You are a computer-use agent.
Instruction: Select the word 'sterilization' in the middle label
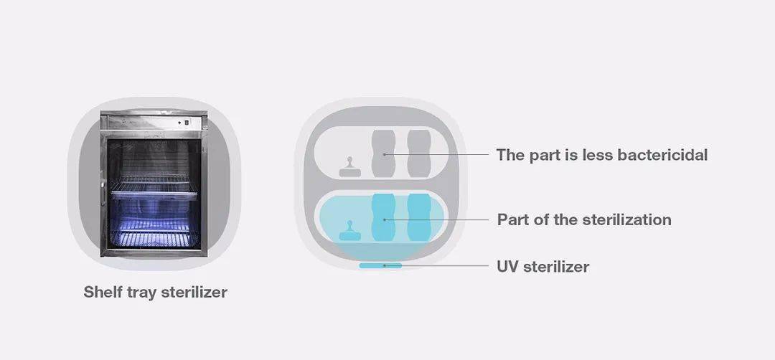click(x=627, y=219)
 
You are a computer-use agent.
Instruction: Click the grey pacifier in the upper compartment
click(x=350, y=167)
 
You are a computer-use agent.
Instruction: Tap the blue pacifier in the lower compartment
click(x=350, y=231)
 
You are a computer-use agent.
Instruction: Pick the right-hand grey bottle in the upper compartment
click(x=419, y=153)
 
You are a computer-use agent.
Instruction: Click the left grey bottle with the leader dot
click(x=383, y=153)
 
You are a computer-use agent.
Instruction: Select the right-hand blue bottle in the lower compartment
click(x=419, y=217)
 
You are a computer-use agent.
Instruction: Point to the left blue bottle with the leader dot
click(x=383, y=217)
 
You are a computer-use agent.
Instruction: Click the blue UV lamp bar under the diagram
click(x=380, y=265)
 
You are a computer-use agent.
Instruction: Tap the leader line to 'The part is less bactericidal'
click(x=437, y=155)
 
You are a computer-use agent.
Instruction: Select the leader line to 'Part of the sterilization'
click(x=437, y=219)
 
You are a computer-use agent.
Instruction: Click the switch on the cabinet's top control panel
click(x=187, y=123)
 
